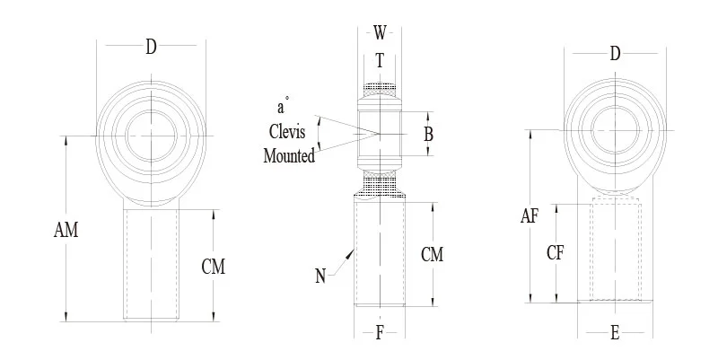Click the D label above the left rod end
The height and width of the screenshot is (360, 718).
coord(151,47)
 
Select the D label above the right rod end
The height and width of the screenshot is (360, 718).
coord(615,54)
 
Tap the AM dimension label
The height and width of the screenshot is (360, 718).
coord(66,231)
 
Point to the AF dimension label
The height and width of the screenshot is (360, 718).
coord(531,215)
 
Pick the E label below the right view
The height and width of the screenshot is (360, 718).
coord(615,334)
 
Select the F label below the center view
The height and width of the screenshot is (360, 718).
coord(380,334)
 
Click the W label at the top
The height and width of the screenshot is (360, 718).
coord(381,34)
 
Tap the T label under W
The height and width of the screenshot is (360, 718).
coord(380,61)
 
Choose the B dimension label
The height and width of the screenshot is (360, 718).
coord(428,135)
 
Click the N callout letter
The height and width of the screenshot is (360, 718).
coord(320,277)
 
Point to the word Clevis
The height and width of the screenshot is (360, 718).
coord(287,132)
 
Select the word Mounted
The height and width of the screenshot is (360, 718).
coord(289,156)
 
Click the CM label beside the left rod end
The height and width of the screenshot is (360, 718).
coord(213,267)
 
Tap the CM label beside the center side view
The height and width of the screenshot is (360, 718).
coord(432,255)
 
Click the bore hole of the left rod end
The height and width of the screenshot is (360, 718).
coord(150,136)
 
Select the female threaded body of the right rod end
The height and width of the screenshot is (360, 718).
coord(616,251)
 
